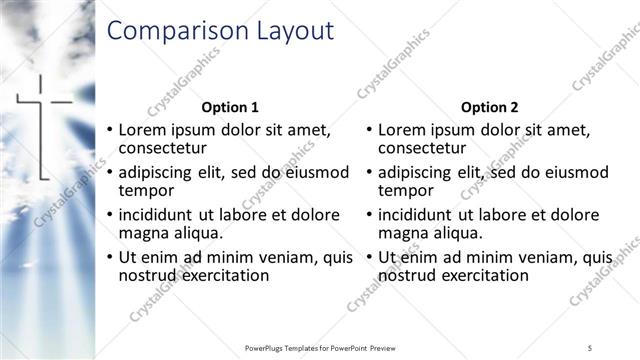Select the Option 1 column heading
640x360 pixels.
click(x=230, y=107)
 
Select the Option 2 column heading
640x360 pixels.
click(x=489, y=107)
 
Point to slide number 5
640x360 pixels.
click(x=590, y=347)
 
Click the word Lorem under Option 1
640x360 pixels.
click(x=143, y=130)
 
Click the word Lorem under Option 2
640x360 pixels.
click(x=402, y=130)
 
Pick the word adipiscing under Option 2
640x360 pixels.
click(x=421, y=172)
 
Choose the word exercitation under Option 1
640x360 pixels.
click(x=221, y=275)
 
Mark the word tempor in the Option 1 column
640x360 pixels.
click(x=147, y=190)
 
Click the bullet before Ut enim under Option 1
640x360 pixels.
click(x=110, y=257)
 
